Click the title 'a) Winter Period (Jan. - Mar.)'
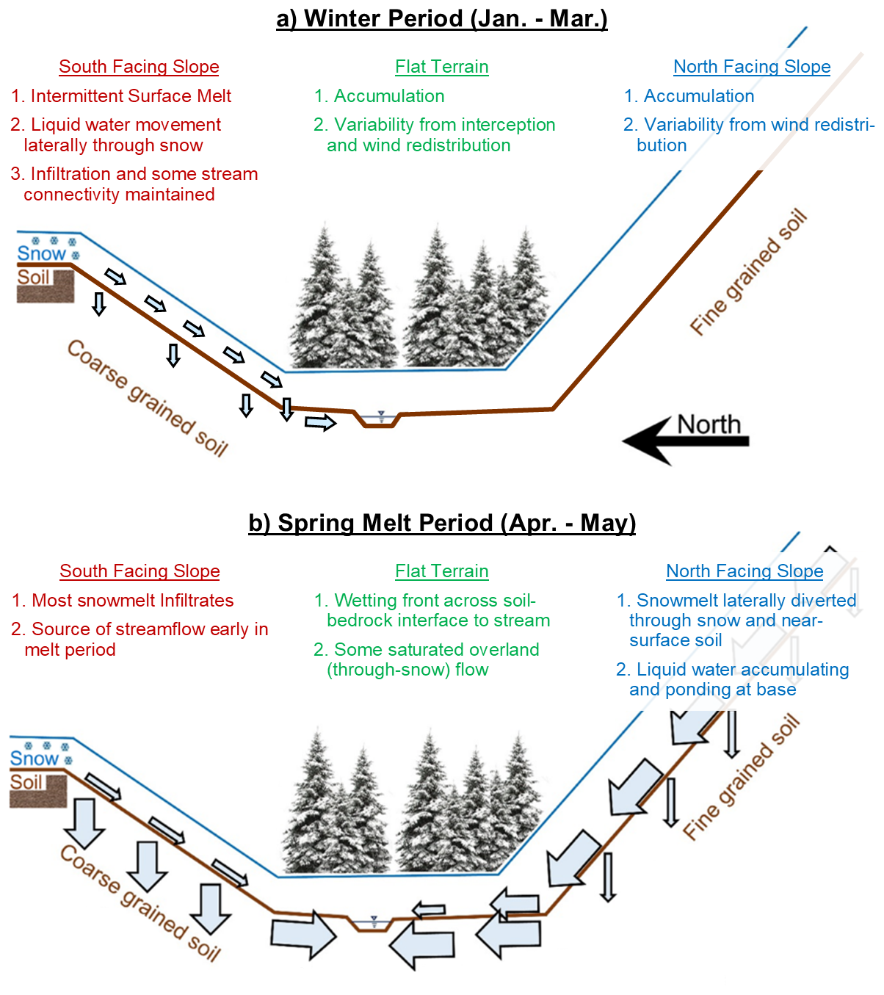(x=441, y=18)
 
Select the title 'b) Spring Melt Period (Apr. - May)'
(x=441, y=523)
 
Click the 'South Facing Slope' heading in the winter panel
(x=139, y=67)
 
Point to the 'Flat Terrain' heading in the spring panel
(x=441, y=571)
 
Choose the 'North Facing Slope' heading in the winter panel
(x=752, y=67)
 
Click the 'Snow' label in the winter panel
(x=41, y=253)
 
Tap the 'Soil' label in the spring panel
(x=26, y=782)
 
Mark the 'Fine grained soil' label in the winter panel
(x=748, y=273)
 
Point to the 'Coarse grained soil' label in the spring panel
(x=140, y=903)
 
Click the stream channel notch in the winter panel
(x=380, y=421)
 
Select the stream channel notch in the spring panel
(x=374, y=925)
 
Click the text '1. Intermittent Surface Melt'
(x=121, y=96)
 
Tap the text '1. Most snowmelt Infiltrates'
(x=123, y=601)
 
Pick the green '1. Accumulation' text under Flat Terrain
(x=379, y=96)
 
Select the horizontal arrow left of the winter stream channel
(x=320, y=422)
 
